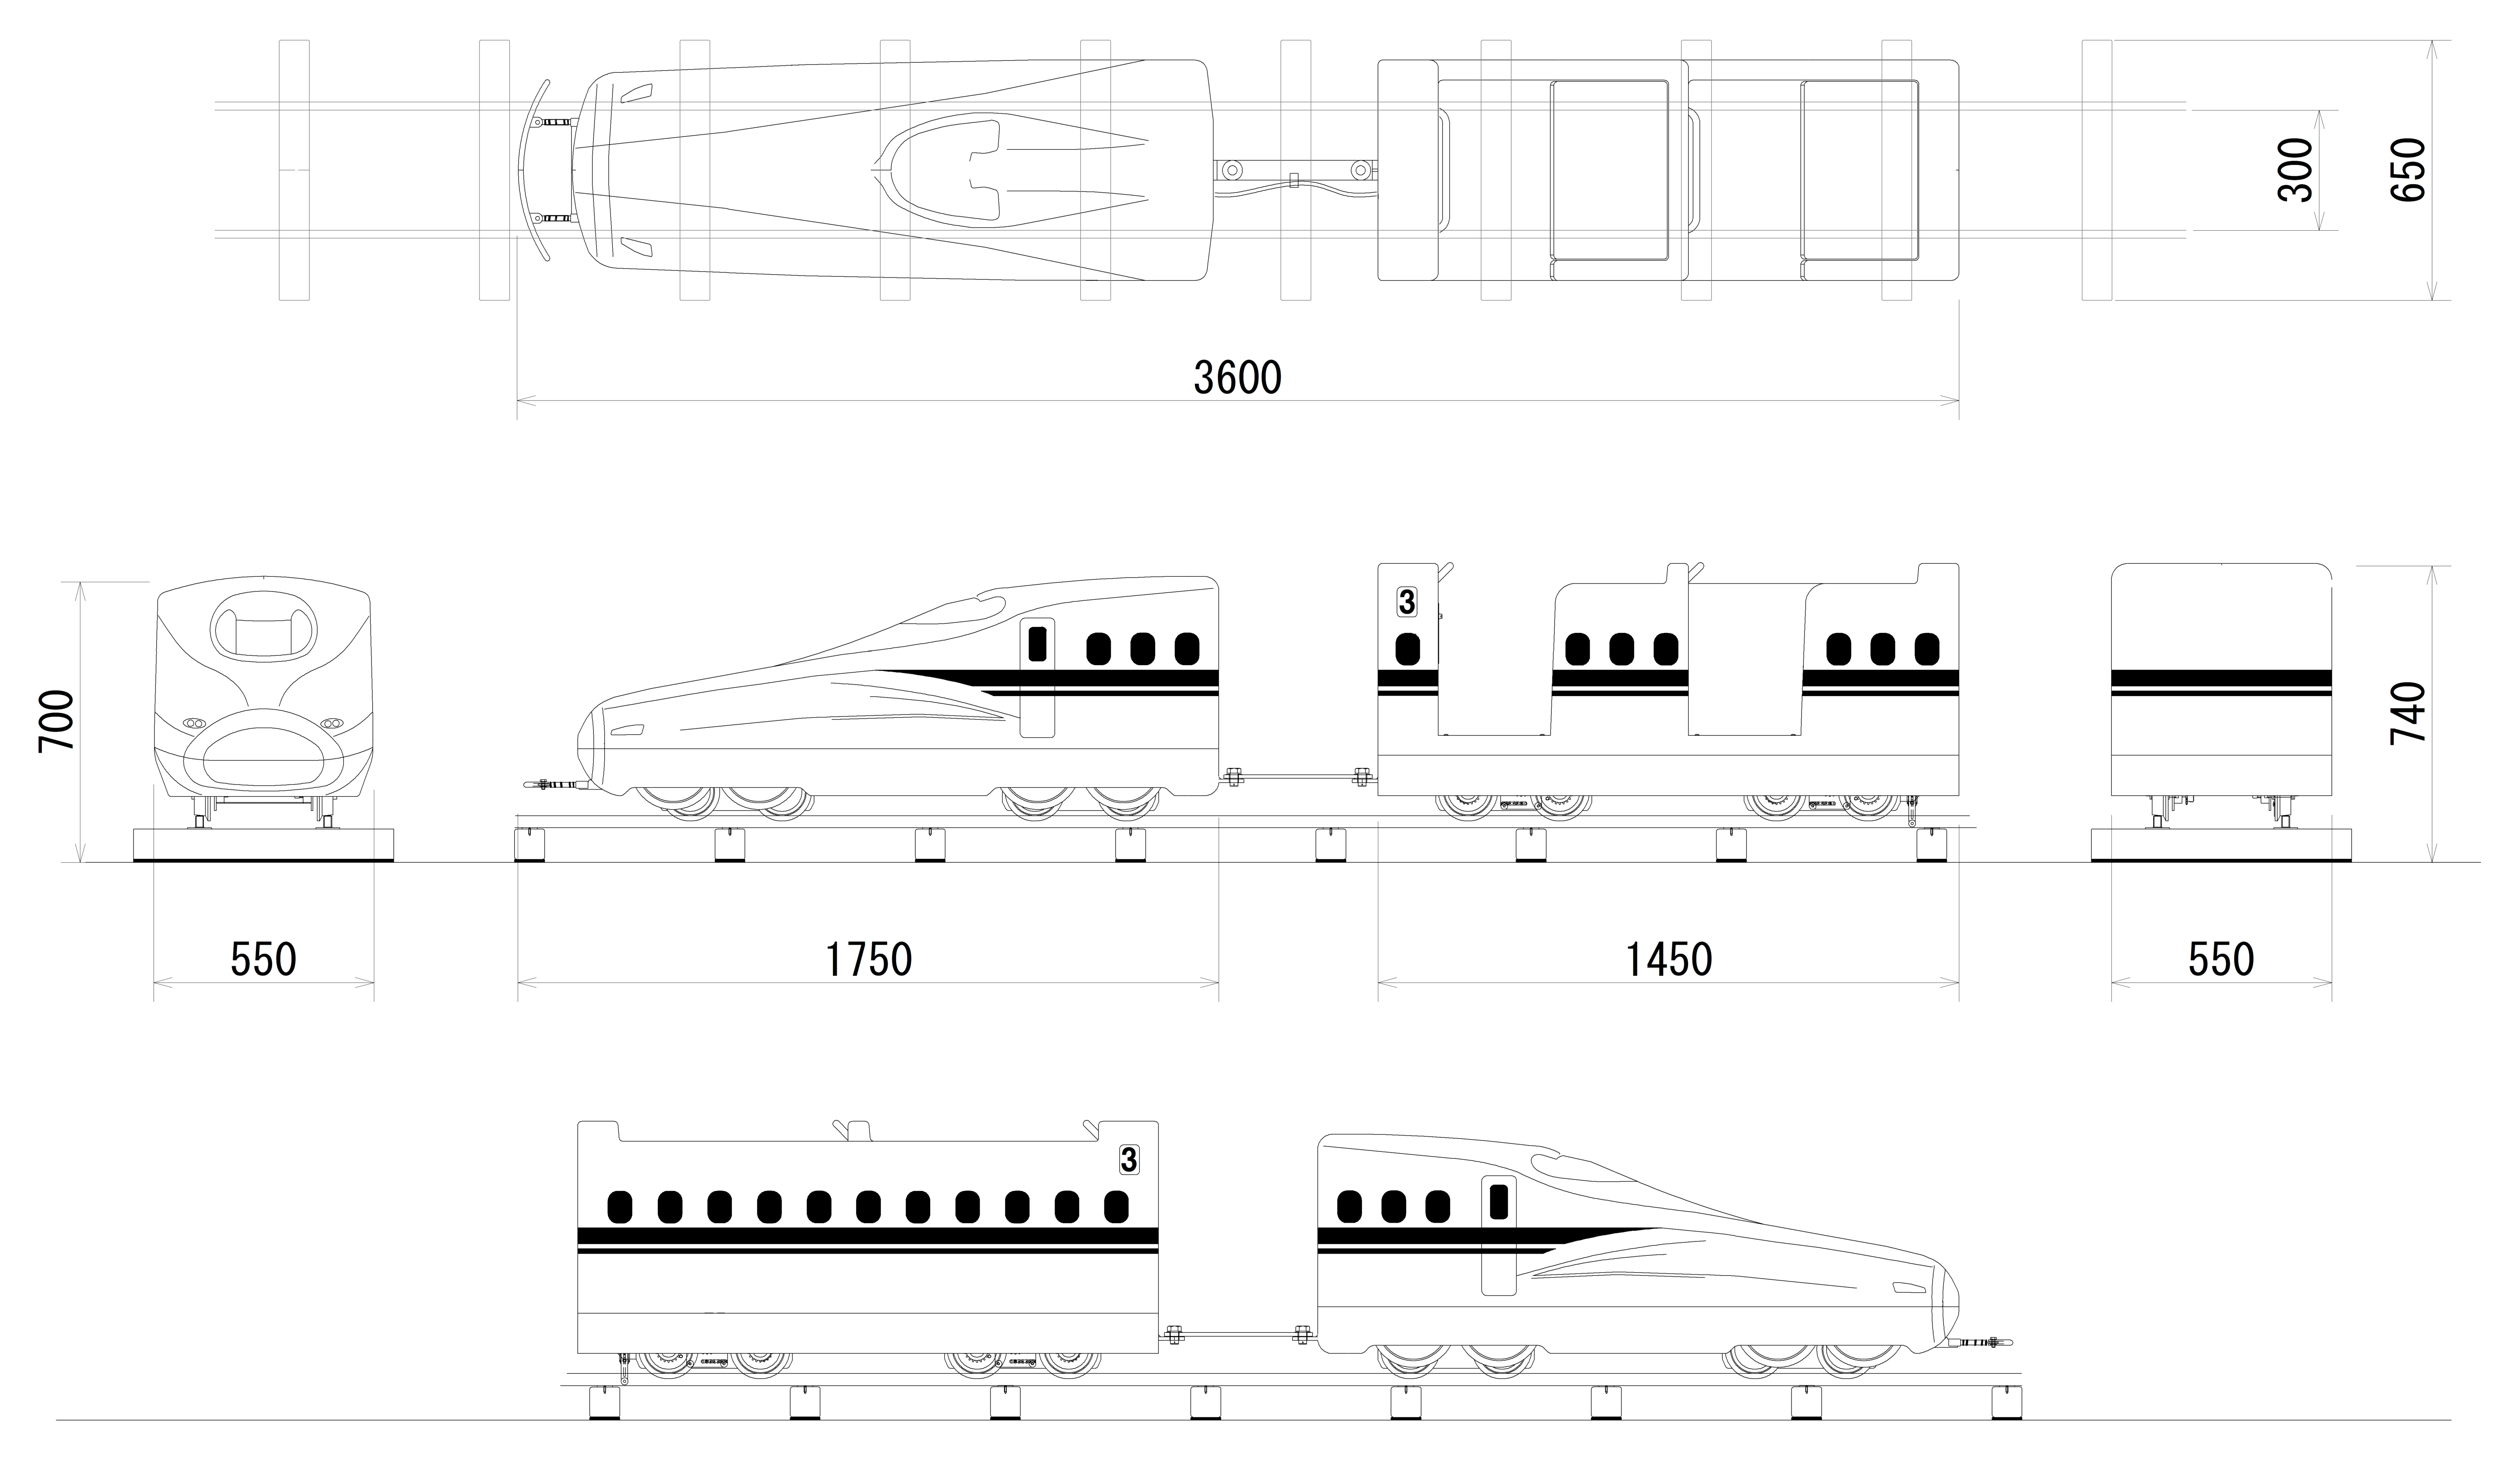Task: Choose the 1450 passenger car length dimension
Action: (x=1669, y=960)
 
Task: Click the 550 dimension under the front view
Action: (x=263, y=960)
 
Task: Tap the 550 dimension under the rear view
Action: (x=2221, y=960)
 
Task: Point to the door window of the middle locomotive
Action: (x=1037, y=644)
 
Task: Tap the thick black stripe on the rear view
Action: (x=2221, y=679)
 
